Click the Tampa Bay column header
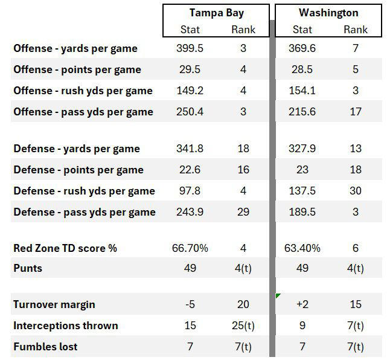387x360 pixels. [x=216, y=13]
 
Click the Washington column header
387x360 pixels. [x=328, y=13]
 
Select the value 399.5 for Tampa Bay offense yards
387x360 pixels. [x=190, y=48]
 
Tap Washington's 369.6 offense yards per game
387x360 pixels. [x=302, y=48]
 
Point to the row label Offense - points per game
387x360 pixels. [x=77, y=69]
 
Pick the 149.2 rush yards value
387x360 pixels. [x=190, y=91]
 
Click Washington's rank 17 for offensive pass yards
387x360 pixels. [x=356, y=112]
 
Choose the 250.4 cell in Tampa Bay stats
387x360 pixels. [x=190, y=112]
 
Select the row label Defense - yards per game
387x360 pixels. [x=77, y=149]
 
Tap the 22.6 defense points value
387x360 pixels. [x=190, y=170]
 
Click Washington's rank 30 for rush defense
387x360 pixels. [x=356, y=191]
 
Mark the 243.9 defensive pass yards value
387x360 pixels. [x=190, y=212]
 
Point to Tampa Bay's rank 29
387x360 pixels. [x=243, y=212]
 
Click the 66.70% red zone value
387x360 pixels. [x=190, y=248]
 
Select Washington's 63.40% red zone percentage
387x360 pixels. [x=302, y=248]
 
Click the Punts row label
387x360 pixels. [x=28, y=268]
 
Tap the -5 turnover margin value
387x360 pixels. [x=190, y=305]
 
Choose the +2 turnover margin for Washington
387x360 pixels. [x=302, y=305]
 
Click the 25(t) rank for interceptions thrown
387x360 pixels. [x=243, y=326]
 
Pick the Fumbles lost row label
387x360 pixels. [x=45, y=347]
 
